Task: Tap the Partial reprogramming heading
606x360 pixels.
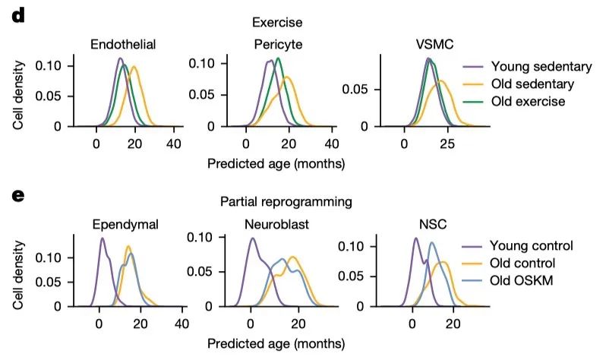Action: click(x=286, y=202)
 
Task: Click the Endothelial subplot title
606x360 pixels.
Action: click(x=123, y=44)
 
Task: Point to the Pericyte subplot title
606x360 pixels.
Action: click(x=278, y=44)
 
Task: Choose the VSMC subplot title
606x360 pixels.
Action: click(x=424, y=44)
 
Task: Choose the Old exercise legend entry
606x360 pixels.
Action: click(x=528, y=101)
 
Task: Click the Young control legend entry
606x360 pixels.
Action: click(x=531, y=245)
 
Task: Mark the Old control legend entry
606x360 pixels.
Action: click(x=523, y=264)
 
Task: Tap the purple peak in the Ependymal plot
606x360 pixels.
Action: click(x=102, y=238)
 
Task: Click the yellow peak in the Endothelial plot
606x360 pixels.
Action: click(x=134, y=67)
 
